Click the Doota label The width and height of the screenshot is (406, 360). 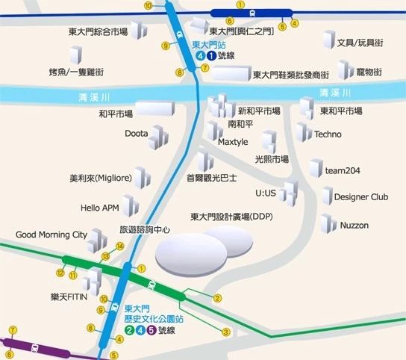(x=138, y=134)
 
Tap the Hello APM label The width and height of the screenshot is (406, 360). (x=100, y=207)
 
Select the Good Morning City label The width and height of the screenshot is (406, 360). (x=51, y=234)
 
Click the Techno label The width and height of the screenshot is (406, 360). (x=328, y=134)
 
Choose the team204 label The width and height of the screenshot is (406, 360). (x=343, y=171)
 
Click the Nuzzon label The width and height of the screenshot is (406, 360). (x=355, y=225)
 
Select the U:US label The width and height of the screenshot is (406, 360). (x=266, y=193)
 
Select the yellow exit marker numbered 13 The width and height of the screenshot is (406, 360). (x=107, y=256)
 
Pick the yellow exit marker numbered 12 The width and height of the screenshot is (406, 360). (x=59, y=273)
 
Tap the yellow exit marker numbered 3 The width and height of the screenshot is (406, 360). (x=226, y=332)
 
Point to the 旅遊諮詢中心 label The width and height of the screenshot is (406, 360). (x=145, y=230)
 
